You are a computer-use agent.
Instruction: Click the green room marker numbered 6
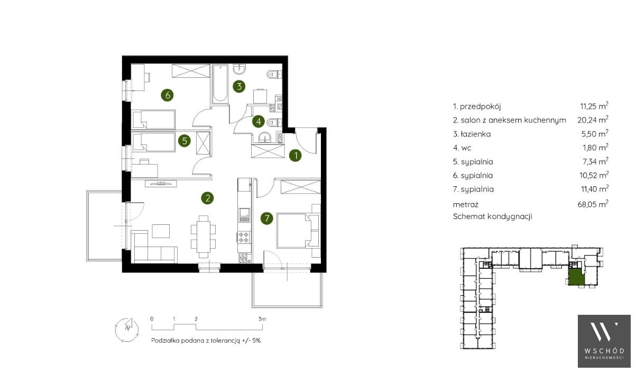(168, 95)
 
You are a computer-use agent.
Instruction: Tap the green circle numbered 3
(239, 86)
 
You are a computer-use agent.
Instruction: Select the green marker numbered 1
(296, 156)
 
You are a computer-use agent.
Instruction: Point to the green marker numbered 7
(267, 218)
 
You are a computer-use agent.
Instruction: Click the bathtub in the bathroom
(220, 84)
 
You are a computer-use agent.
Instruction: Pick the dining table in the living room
(204, 236)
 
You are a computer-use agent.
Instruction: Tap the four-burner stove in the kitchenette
(244, 237)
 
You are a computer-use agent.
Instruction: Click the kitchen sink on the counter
(244, 215)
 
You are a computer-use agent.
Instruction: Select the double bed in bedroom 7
(294, 230)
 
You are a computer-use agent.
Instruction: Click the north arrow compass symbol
(127, 329)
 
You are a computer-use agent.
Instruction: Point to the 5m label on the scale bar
(262, 319)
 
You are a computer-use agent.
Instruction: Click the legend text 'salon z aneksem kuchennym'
(513, 120)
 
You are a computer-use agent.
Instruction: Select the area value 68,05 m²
(593, 204)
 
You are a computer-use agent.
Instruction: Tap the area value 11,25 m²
(594, 106)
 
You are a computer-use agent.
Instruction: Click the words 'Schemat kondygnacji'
(492, 216)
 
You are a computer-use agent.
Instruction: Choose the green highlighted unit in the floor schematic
(576, 277)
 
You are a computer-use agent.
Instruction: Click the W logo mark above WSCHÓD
(604, 332)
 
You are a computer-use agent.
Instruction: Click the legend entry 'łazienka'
(475, 134)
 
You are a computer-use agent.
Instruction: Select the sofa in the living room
(154, 247)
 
